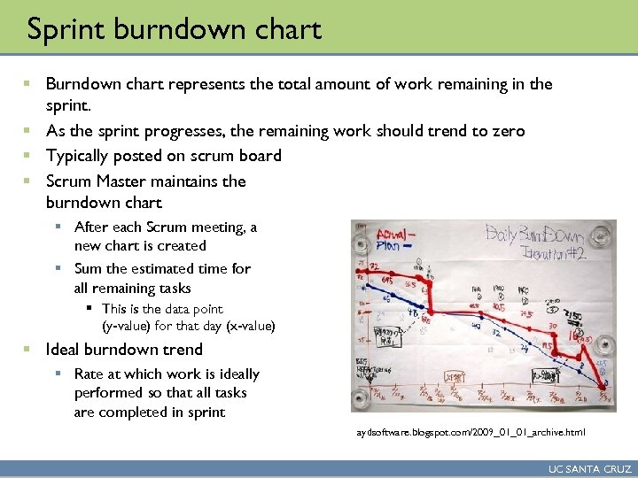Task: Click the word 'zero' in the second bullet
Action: point(506,131)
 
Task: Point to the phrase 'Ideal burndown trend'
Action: point(124,349)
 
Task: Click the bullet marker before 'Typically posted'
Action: point(28,156)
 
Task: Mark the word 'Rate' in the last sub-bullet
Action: point(90,374)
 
